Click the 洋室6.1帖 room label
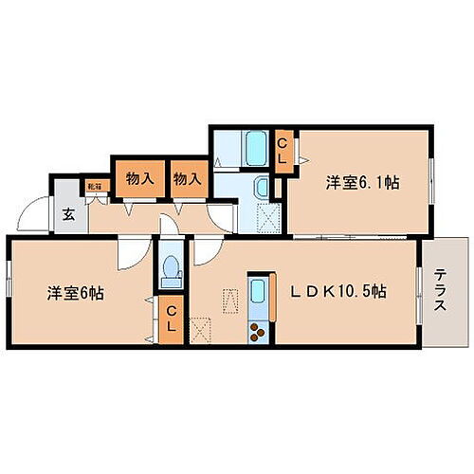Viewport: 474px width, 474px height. [363, 183]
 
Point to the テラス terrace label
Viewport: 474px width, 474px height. [443, 292]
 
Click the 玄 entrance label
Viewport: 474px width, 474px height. [69, 214]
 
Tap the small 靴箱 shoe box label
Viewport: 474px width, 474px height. [95, 187]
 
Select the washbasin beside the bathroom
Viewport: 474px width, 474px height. [263, 187]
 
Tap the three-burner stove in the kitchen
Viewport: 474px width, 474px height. [258, 332]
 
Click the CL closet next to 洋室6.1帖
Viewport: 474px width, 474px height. [283, 151]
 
